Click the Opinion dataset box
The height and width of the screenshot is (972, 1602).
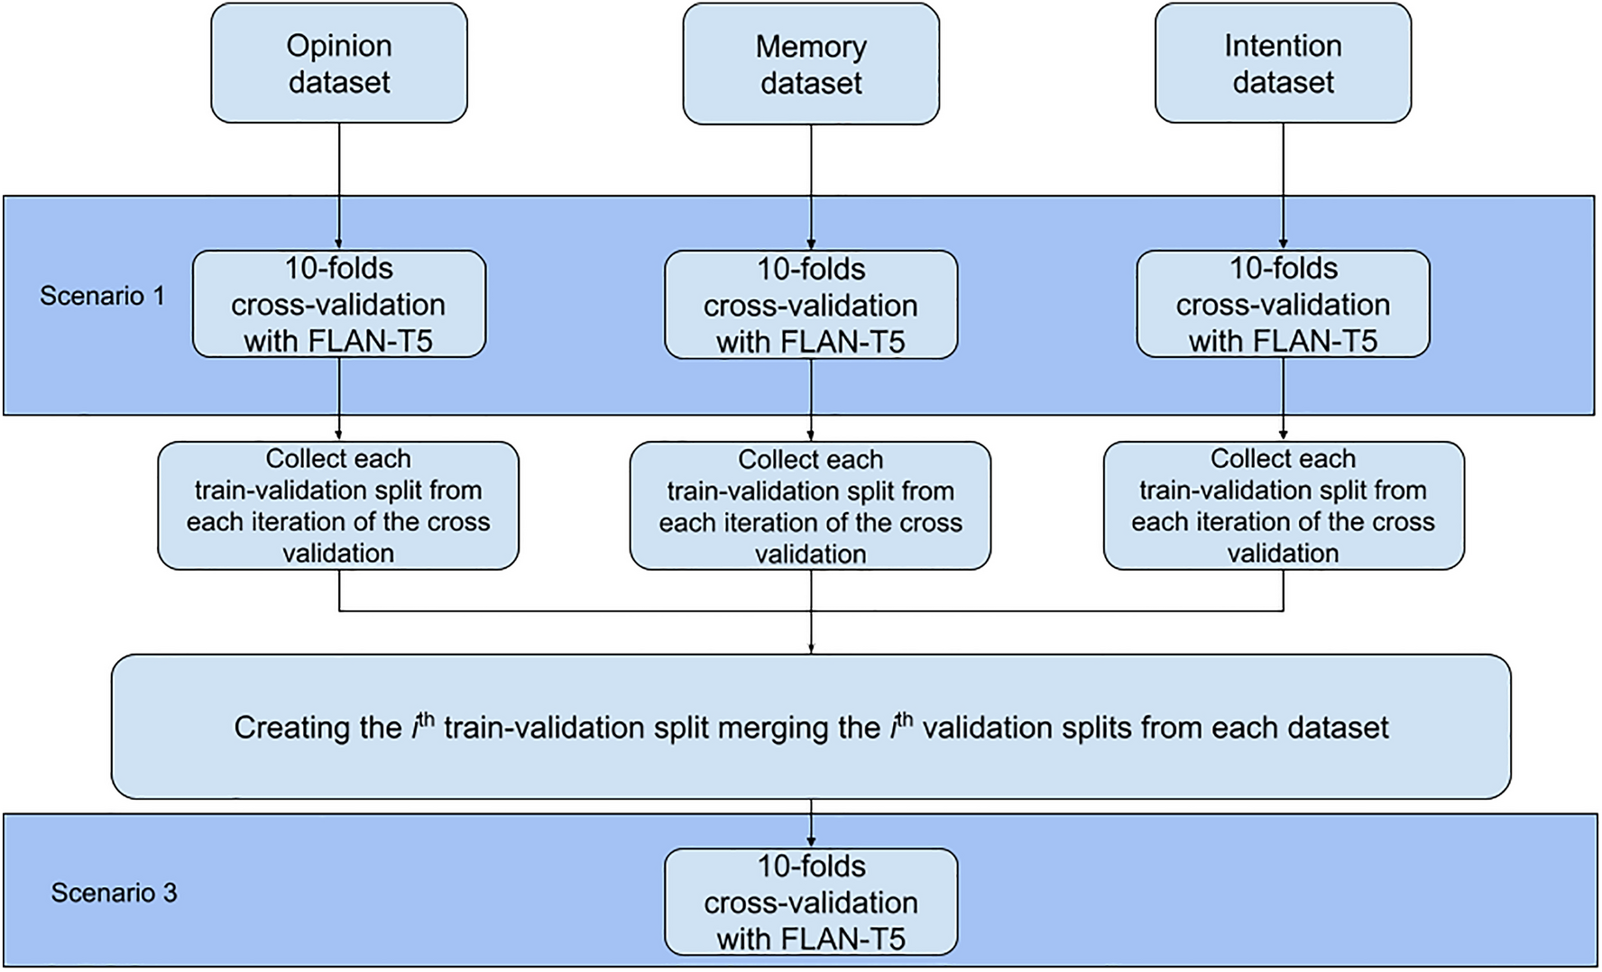339,63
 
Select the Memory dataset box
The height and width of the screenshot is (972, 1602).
811,64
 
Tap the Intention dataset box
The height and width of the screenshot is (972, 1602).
1283,63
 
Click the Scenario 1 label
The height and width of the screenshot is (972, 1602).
102,296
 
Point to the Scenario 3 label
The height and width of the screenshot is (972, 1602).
114,893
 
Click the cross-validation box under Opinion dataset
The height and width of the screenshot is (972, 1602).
339,305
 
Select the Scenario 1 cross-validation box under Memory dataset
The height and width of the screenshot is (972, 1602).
811,306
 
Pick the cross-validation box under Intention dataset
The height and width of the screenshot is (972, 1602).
1283,305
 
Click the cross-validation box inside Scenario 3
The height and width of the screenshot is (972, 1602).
811,902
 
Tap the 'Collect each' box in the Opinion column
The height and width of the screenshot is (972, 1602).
338,506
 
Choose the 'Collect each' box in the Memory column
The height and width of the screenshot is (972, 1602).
810,506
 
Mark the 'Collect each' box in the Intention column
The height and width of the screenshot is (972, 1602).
1284,506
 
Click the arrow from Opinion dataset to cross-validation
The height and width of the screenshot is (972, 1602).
339,186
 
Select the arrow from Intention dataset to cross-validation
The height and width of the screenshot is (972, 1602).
1283,186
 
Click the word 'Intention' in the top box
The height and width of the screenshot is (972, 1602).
1283,46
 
